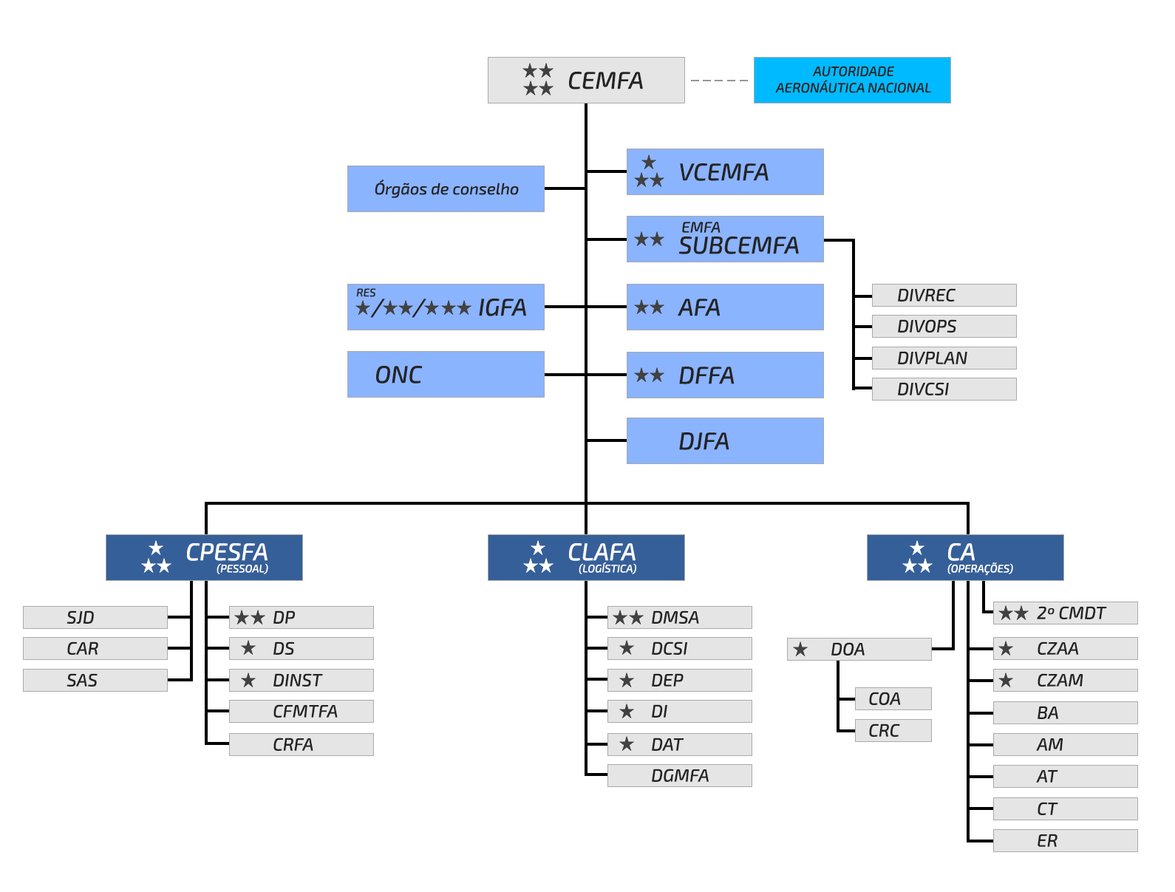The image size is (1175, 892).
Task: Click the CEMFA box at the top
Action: click(x=585, y=80)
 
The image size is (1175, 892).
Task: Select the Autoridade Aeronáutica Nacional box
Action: click(x=851, y=80)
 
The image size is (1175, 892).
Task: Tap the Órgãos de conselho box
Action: click(x=446, y=188)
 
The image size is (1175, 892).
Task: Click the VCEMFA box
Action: click(x=725, y=171)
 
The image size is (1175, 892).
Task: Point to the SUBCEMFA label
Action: click(x=738, y=245)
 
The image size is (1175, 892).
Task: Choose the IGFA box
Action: click(x=446, y=307)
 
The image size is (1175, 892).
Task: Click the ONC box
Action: click(x=446, y=374)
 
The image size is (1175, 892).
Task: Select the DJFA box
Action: click(x=725, y=440)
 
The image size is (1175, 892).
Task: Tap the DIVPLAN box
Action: click(x=944, y=358)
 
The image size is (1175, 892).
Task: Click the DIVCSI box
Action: click(x=944, y=389)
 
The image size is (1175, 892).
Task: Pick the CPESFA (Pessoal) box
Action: click(x=204, y=557)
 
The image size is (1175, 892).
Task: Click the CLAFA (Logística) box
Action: click(x=585, y=557)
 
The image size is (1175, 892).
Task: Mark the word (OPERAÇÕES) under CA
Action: click(x=980, y=568)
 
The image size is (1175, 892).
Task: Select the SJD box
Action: click(x=95, y=617)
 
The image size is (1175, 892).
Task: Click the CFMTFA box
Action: click(x=301, y=711)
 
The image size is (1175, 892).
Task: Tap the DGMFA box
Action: click(x=679, y=775)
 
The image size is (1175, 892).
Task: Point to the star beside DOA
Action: click(x=800, y=649)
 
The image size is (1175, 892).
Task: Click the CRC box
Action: click(x=893, y=730)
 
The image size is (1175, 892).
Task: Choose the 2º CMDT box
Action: click(x=1066, y=613)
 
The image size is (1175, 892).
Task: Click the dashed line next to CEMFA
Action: click(x=719, y=81)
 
